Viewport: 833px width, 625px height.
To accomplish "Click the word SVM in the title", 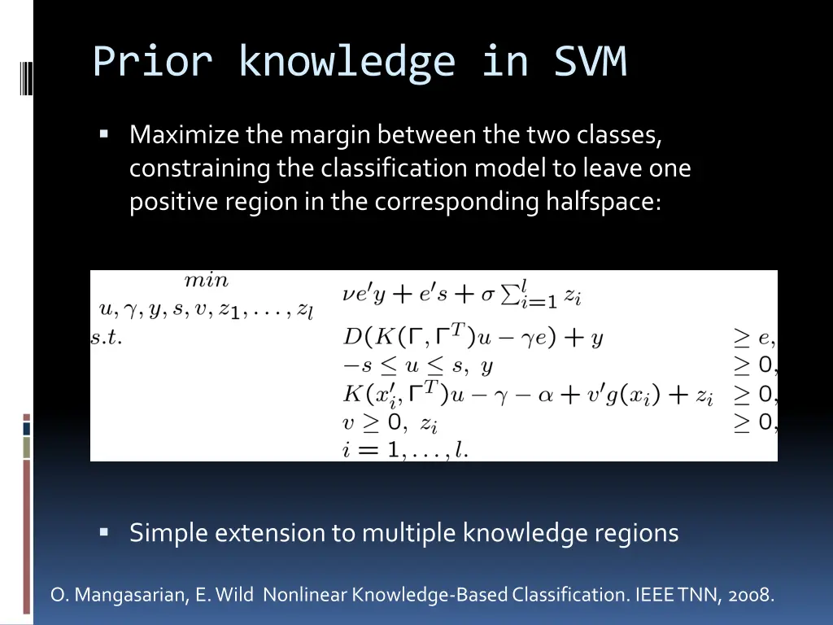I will pos(590,62).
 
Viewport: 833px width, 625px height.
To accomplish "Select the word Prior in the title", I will pos(153,62).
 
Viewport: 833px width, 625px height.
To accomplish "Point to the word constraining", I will pos(199,168).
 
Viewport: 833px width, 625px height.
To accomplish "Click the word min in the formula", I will pos(207,281).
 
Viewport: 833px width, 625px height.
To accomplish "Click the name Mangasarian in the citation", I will pos(132,596).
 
